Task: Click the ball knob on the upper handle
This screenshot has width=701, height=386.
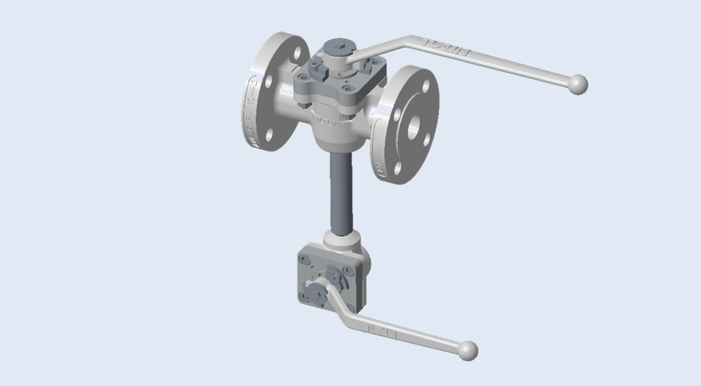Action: (x=578, y=84)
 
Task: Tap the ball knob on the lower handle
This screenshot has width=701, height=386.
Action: (x=468, y=350)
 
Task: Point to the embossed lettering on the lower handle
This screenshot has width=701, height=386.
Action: (x=382, y=331)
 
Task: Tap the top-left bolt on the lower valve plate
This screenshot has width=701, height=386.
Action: (x=305, y=258)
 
